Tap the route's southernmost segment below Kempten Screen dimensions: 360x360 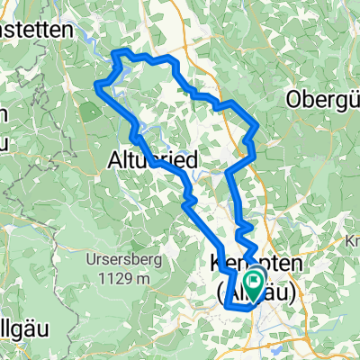(x=241, y=308)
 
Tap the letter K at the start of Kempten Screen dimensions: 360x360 (x=215, y=263)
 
